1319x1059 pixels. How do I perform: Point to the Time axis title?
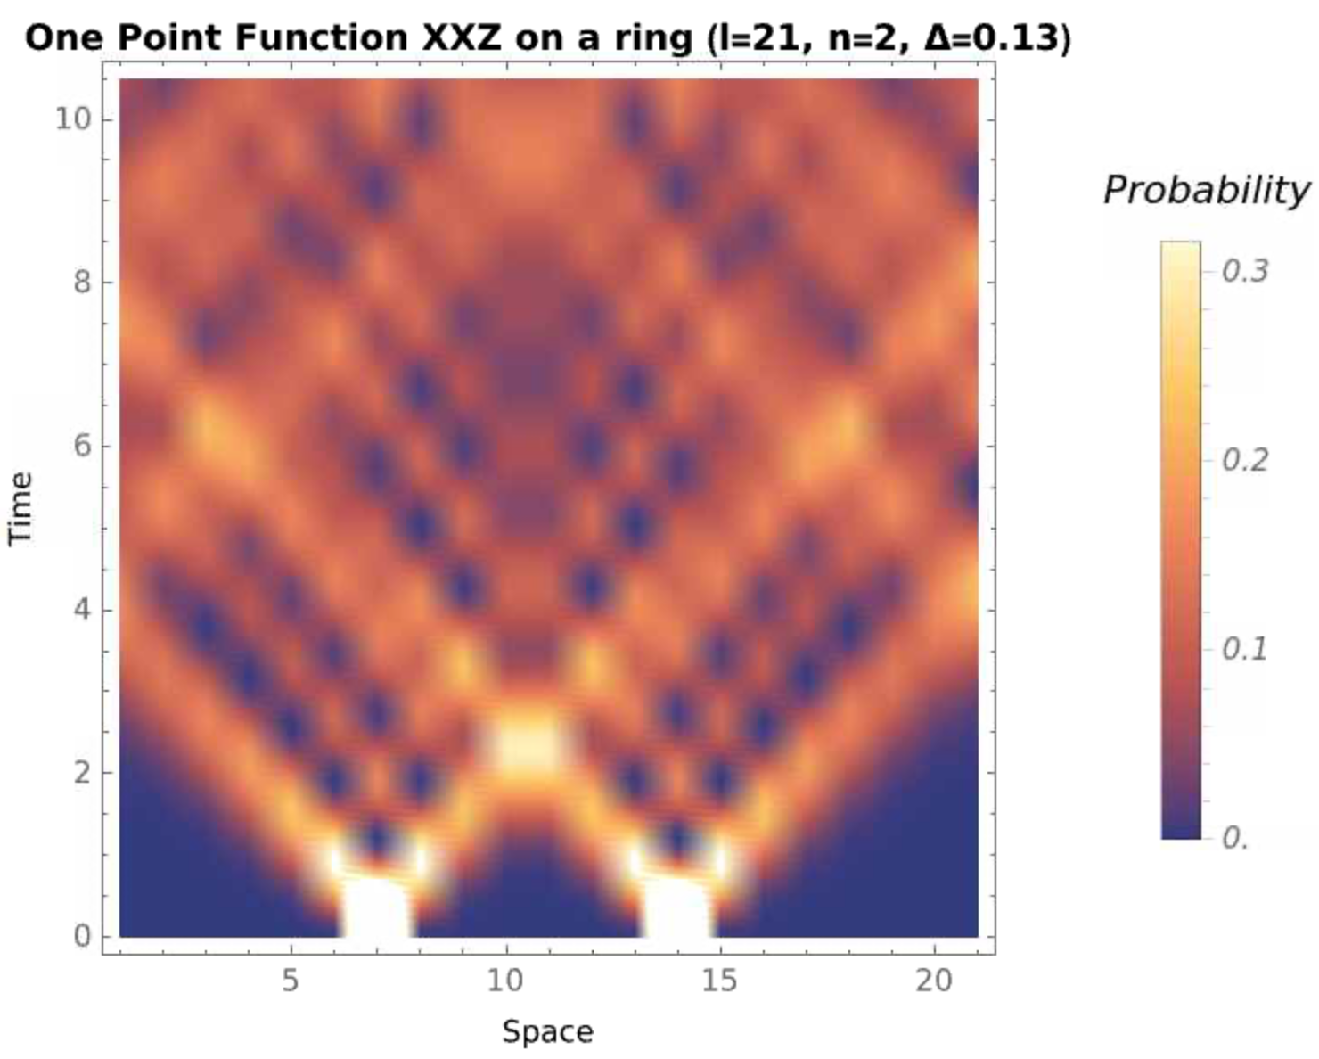20,508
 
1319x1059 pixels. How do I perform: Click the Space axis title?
547,1031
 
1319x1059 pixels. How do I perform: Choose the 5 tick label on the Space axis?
291,981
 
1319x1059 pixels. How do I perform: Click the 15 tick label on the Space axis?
719,981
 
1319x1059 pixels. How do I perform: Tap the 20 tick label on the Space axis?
934,981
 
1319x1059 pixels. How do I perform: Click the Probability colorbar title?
1206,190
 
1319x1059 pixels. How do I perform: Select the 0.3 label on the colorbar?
1245,270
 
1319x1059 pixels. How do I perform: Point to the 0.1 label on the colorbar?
1245,648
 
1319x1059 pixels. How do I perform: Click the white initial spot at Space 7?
376,908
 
